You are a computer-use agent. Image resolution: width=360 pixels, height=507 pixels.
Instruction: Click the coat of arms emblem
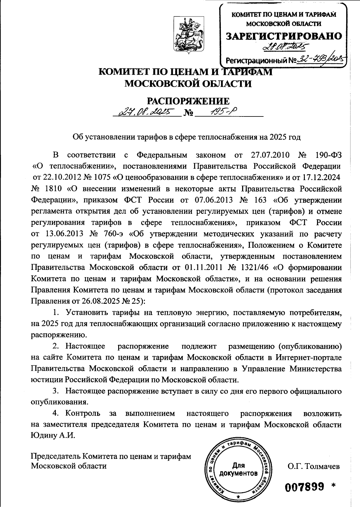189,35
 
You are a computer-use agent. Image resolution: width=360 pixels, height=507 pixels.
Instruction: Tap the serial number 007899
305,487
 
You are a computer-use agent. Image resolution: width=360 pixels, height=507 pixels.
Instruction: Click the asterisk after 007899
333,485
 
